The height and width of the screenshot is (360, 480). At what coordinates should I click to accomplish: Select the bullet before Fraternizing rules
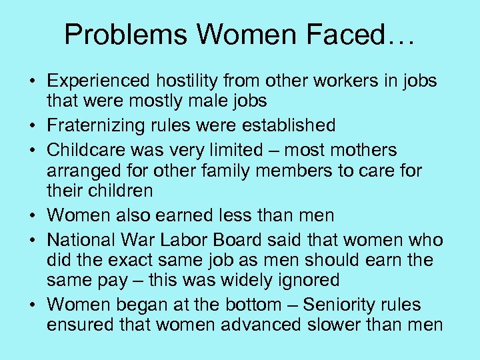(31, 126)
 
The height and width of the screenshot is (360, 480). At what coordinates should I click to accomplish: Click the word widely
(236, 281)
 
